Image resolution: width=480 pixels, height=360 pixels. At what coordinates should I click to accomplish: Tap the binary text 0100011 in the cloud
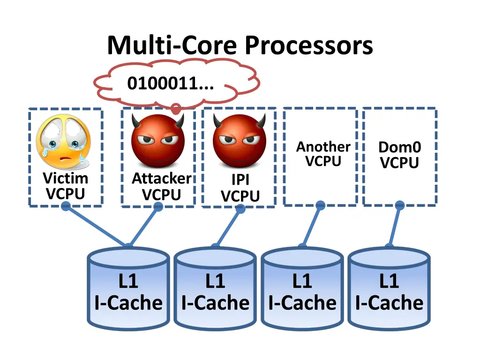click(170, 84)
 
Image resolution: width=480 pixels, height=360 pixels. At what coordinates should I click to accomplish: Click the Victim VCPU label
click(65, 186)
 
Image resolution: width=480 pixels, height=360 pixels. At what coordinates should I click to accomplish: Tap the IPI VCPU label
click(240, 188)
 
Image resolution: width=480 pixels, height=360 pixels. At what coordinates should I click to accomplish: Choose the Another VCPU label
click(323, 154)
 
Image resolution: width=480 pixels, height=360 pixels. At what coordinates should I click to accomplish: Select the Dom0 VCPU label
click(399, 155)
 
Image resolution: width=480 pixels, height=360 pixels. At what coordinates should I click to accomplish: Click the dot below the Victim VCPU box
click(66, 206)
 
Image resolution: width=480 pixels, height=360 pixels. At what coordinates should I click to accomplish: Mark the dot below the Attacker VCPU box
click(158, 207)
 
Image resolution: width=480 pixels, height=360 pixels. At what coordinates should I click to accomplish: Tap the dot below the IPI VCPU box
click(240, 209)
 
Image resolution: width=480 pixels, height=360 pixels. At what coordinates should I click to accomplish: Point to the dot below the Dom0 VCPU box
click(399, 205)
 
